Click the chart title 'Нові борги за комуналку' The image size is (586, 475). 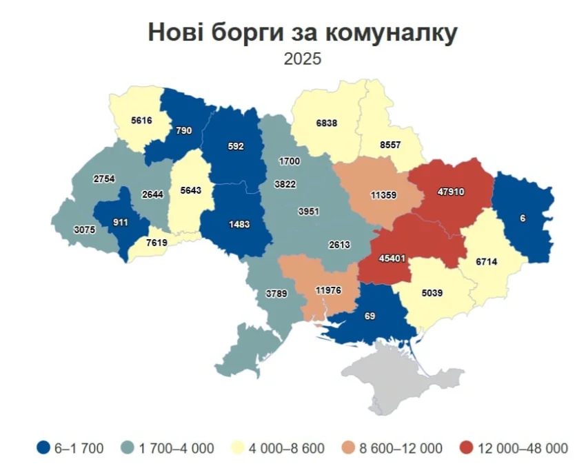point(302,32)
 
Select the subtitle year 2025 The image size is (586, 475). point(302,59)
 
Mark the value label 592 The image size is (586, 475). point(235,145)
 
